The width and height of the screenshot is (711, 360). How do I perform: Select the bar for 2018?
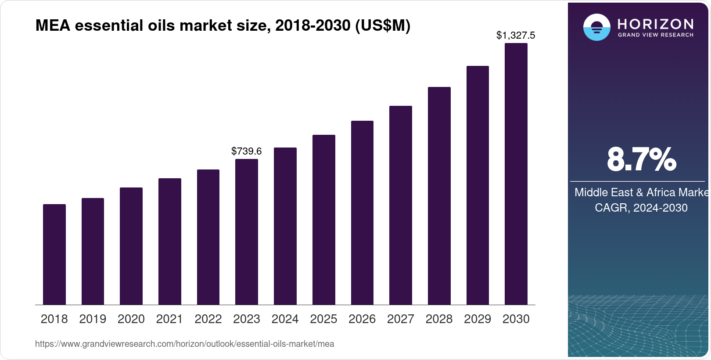54,255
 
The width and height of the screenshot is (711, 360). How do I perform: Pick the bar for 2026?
362,213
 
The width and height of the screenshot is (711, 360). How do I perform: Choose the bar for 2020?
131,246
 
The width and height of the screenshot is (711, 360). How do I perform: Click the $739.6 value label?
247,151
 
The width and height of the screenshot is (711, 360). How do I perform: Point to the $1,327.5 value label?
516,36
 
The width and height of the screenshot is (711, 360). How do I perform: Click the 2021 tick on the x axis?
169,319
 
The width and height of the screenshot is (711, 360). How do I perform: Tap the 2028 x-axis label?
439,319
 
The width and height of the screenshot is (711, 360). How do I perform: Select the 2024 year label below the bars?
285,319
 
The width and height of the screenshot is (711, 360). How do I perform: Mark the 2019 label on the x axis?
93,319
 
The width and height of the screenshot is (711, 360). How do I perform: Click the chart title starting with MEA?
223,26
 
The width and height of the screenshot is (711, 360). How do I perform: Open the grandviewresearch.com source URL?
184,344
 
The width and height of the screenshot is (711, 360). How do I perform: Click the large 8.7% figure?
641,160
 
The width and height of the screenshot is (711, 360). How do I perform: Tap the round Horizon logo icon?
596,27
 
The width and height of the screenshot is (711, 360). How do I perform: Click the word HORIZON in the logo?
656,24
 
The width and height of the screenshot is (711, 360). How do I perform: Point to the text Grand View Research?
656,35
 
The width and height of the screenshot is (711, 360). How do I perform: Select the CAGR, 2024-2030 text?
641,208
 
